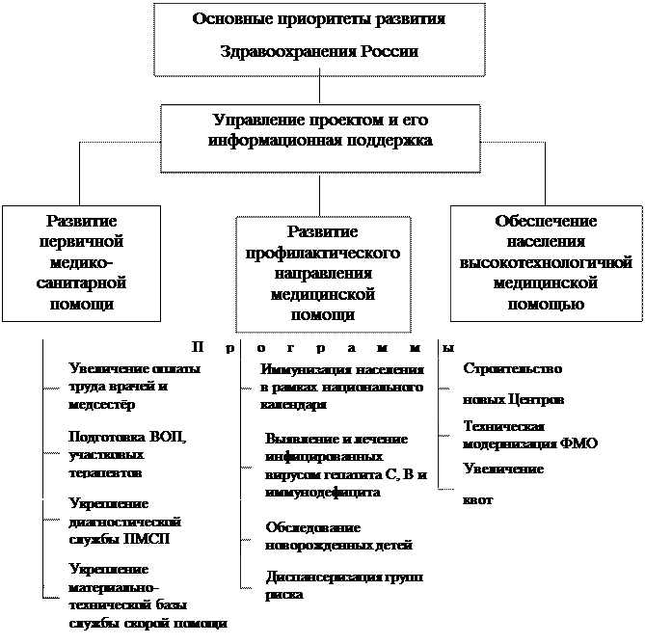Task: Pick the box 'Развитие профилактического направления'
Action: pos(322,273)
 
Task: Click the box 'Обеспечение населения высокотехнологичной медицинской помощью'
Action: pos(545,261)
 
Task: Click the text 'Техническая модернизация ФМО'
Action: pos(530,435)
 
